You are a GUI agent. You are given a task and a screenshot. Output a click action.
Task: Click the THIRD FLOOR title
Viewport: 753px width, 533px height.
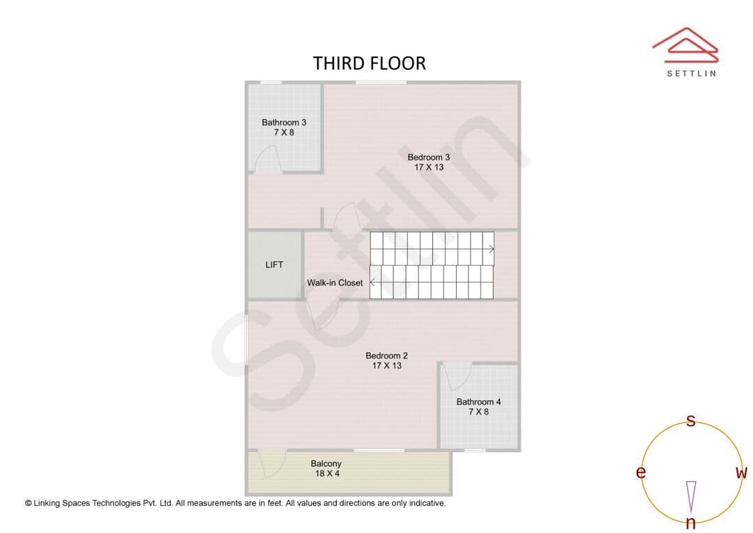point(370,63)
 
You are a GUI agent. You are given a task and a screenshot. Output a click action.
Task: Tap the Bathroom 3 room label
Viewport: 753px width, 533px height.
point(284,123)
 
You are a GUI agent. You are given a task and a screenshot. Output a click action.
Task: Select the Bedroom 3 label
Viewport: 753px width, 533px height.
point(428,157)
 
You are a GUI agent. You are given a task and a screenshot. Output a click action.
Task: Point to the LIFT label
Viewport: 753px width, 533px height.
point(274,265)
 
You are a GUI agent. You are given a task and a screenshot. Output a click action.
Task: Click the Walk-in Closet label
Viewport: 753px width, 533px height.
point(335,283)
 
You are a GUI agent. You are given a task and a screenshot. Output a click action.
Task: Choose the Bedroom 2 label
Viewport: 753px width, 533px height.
point(386,356)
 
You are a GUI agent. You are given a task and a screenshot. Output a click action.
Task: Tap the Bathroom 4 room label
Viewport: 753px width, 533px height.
point(478,402)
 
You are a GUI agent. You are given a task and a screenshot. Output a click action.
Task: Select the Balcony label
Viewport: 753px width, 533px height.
point(326,464)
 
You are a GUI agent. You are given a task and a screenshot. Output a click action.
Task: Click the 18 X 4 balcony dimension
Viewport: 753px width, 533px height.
point(327,474)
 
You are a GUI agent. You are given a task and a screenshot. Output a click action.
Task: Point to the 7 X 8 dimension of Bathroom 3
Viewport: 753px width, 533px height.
point(284,132)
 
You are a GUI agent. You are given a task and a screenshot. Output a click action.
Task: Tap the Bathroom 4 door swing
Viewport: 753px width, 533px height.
point(457,376)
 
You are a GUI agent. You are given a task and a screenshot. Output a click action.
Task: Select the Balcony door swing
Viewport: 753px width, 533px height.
point(273,464)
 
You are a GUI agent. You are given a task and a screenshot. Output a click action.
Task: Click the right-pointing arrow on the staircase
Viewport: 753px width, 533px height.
point(492,249)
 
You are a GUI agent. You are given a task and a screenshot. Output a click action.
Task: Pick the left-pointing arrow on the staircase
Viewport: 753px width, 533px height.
point(372,283)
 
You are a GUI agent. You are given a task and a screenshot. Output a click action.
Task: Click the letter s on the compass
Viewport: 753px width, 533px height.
point(690,421)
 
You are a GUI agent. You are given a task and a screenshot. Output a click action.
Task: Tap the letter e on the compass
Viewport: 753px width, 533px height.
point(641,472)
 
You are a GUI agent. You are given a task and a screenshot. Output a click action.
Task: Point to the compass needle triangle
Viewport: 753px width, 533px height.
point(691,497)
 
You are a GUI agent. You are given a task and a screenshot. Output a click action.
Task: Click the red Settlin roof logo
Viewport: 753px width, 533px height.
point(685,45)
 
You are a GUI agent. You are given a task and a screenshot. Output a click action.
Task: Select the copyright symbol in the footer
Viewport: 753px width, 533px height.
point(29,503)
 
